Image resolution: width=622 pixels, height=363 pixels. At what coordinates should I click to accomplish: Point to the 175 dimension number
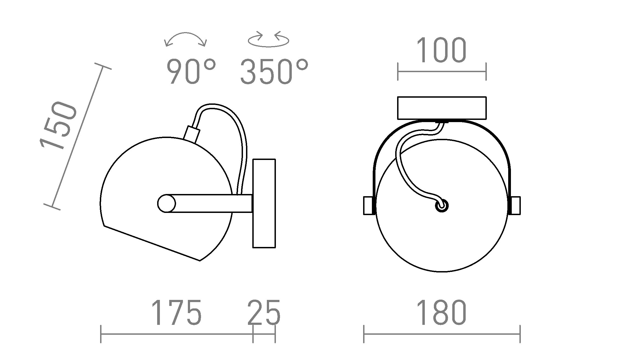pos(176,313)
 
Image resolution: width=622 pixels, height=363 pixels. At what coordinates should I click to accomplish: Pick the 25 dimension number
pos(264,313)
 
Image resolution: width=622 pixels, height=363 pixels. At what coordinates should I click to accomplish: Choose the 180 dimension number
pos(441,313)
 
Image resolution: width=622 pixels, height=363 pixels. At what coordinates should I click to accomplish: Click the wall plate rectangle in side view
pos(264,203)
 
